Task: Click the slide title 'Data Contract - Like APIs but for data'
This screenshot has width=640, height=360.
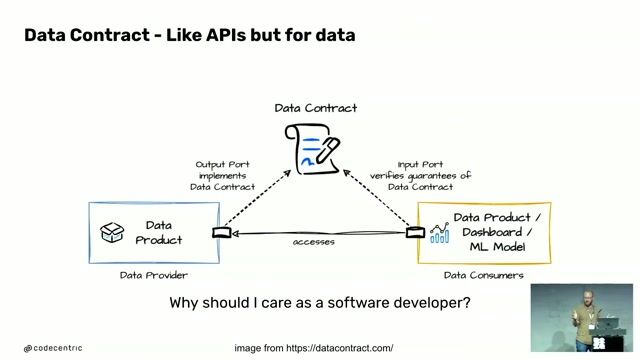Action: pos(189,36)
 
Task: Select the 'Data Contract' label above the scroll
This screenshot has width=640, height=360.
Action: pos(315,108)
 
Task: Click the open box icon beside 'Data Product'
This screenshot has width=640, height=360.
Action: pos(111,232)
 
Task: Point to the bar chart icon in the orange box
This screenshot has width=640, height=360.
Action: pos(439,233)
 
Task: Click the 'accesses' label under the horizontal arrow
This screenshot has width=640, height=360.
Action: pos(313,242)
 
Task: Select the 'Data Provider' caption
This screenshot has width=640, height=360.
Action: pos(152,275)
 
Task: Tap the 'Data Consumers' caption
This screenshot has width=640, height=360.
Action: pos(483,275)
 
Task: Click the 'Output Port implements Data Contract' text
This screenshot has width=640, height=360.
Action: pos(222,175)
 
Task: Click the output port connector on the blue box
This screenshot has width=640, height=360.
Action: pos(221,233)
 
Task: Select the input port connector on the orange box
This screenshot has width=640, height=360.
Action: pos(415,233)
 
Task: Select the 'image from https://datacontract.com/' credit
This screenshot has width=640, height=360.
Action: pos(313,348)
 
